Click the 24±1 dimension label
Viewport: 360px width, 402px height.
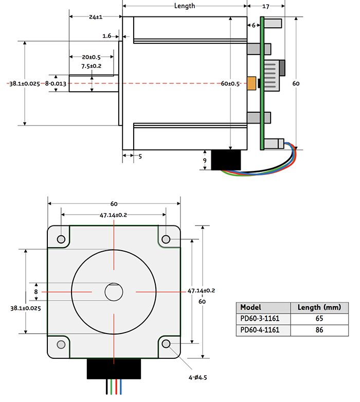click(x=96, y=17)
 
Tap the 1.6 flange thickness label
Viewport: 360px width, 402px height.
click(x=107, y=36)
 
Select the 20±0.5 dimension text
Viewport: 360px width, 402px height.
click(x=91, y=57)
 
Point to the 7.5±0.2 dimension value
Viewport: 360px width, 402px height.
click(x=91, y=66)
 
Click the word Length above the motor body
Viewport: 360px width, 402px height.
click(x=185, y=6)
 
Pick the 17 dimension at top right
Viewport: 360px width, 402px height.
click(x=266, y=6)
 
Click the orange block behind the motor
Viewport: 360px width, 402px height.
click(x=251, y=83)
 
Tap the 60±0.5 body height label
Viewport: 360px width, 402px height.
click(x=230, y=84)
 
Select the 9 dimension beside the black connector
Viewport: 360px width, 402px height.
click(x=205, y=161)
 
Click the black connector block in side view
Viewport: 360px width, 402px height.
click(x=226, y=160)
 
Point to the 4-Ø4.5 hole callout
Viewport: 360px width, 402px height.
click(x=197, y=377)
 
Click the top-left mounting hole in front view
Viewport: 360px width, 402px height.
click(x=61, y=239)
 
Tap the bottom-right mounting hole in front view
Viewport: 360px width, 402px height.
click(x=166, y=344)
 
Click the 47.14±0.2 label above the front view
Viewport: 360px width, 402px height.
click(x=113, y=215)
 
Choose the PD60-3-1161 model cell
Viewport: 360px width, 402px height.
click(x=260, y=319)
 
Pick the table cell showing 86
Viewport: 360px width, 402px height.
click(x=319, y=330)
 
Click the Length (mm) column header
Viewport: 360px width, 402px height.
click(x=319, y=307)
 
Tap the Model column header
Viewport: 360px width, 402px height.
click(x=250, y=307)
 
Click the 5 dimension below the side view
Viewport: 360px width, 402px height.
click(x=140, y=156)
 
